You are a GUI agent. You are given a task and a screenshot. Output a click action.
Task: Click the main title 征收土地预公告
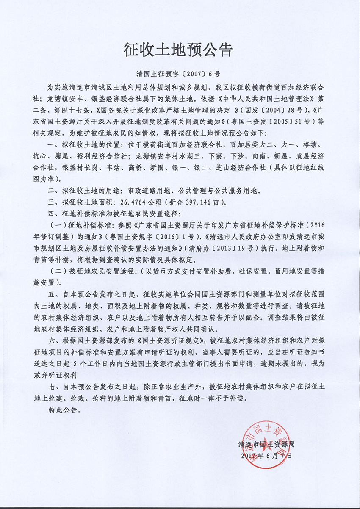178,50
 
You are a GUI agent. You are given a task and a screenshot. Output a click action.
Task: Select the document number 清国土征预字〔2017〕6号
178,73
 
